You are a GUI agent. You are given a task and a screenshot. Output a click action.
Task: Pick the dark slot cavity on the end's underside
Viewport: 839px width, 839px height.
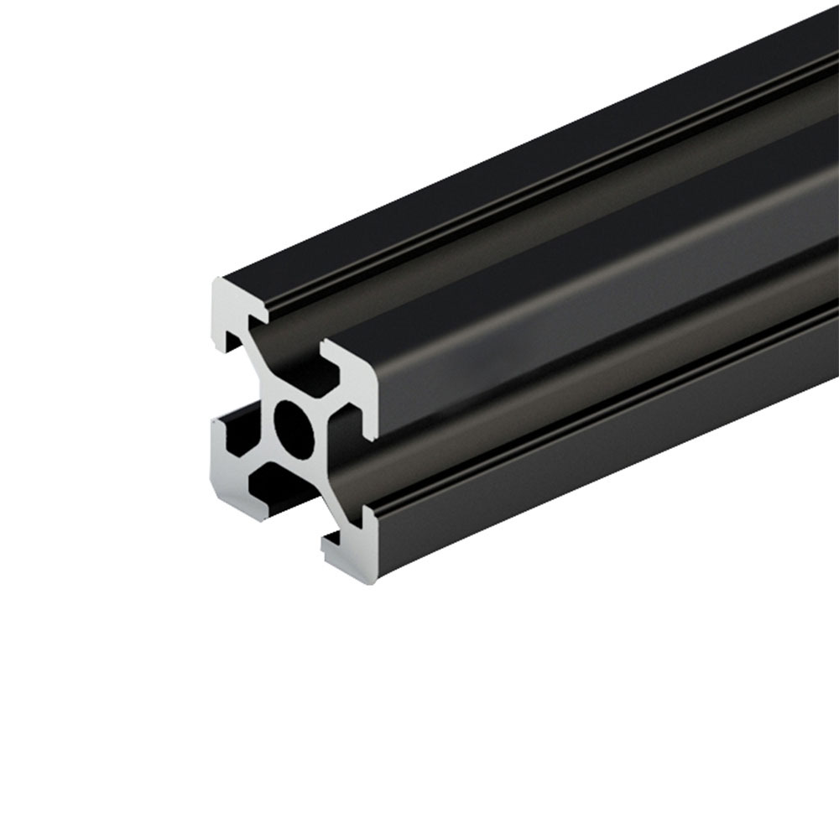(x=285, y=501)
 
